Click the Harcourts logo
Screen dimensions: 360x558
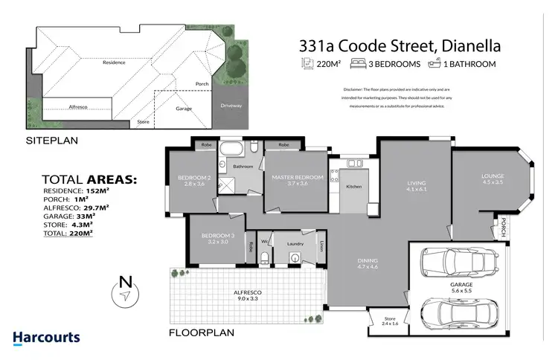click(46, 338)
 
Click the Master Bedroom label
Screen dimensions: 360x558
click(297, 177)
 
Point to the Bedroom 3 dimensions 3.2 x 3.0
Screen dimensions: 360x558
click(217, 242)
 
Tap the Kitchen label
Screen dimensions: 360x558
click(354, 186)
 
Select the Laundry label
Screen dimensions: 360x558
click(294, 242)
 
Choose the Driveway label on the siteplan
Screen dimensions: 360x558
click(231, 106)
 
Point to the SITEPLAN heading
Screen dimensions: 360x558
click(52, 140)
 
